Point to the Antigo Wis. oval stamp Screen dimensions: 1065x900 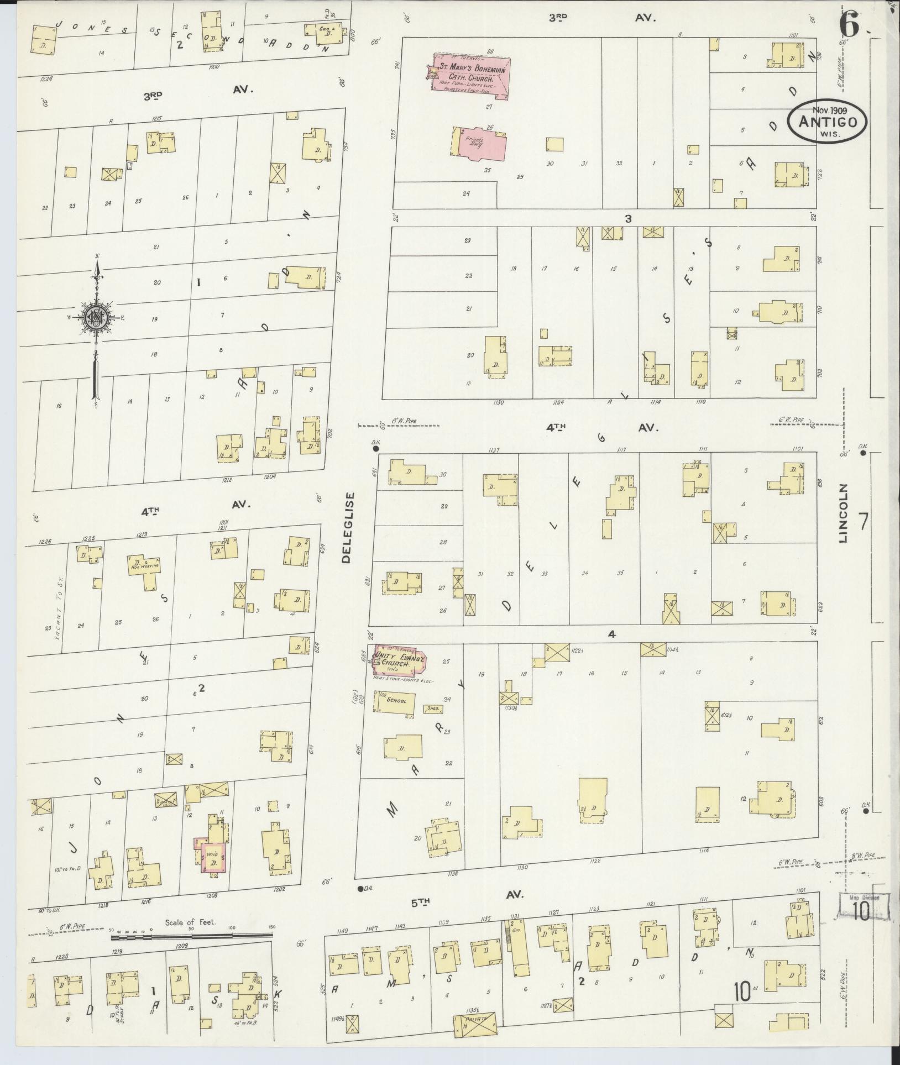[827, 122]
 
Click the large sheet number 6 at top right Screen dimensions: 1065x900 [851, 24]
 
